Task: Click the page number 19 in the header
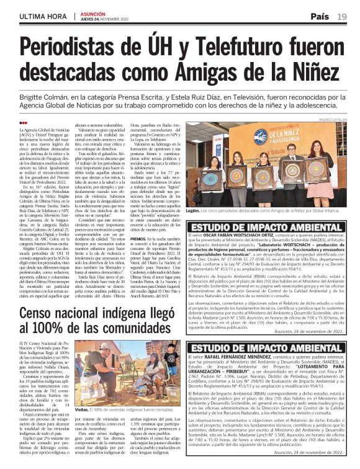click(x=342, y=16)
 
